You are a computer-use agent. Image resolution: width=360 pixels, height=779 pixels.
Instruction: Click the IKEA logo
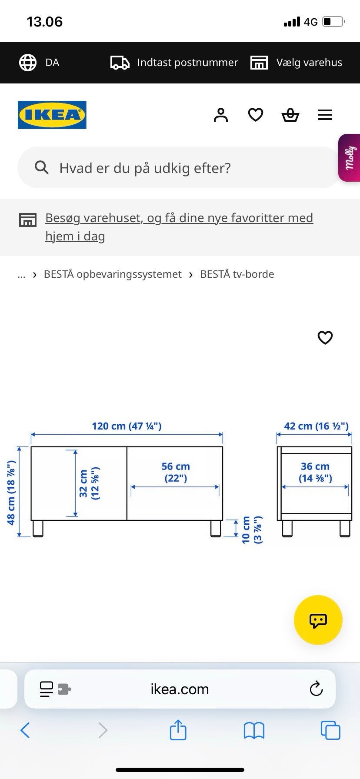pos(52,115)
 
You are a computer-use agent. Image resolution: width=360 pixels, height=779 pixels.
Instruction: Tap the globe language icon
pos(28,63)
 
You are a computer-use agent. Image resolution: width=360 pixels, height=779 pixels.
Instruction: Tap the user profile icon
pos(221,115)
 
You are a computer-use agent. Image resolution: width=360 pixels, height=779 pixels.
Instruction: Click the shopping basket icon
pos(290,115)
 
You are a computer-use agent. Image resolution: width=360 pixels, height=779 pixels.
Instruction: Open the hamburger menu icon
pos(325,115)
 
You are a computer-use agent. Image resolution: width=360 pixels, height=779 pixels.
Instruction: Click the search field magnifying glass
pos(42,167)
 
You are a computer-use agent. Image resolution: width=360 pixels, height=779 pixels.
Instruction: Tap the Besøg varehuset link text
pos(179,227)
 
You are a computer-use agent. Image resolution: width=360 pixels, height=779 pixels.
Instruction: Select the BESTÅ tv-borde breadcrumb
pos(237,274)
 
